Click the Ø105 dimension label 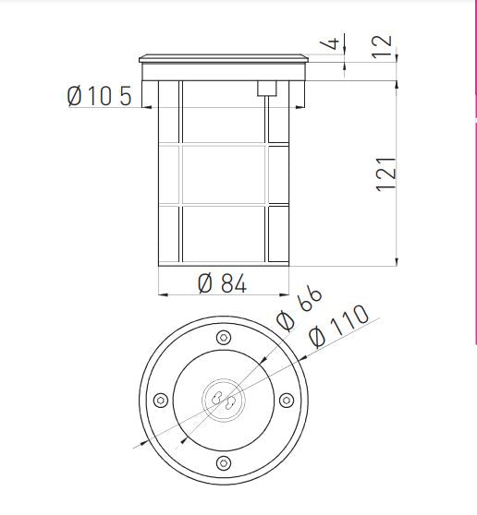[x=99, y=95]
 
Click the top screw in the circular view [x=222, y=336]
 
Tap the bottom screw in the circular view [x=222, y=461]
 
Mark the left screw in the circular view [x=159, y=399]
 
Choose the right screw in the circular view [x=286, y=399]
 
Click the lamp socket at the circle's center [x=222, y=399]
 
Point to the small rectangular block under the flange [x=267, y=88]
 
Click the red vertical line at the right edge [x=474, y=185]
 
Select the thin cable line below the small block [x=267, y=120]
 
